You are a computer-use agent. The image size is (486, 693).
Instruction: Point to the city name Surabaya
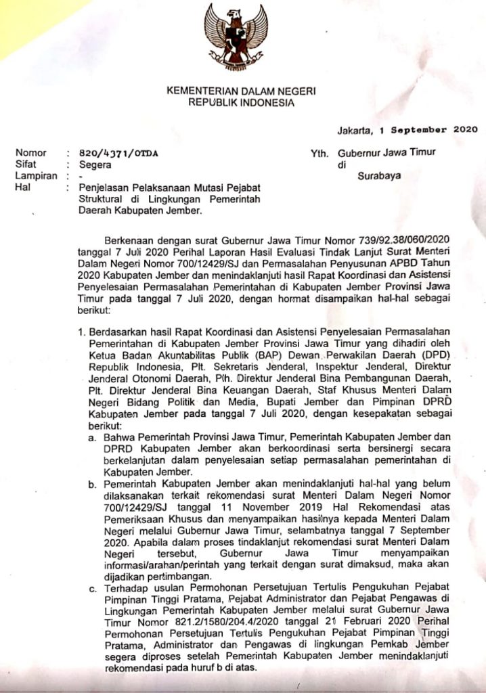pos(379,175)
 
